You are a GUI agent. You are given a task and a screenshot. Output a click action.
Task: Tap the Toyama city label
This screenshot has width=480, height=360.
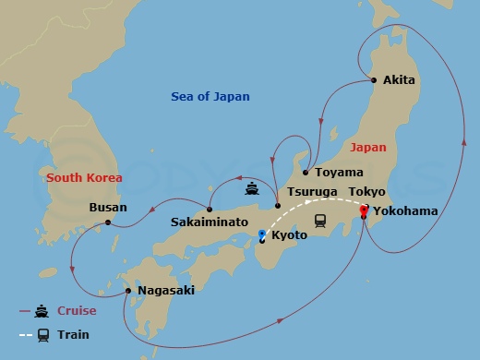[x=332, y=173]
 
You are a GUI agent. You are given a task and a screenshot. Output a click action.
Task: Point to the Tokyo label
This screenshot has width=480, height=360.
[x=366, y=192]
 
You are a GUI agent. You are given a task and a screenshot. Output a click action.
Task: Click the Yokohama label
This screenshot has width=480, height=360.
[x=406, y=210]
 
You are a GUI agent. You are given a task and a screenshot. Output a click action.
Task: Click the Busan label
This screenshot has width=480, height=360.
[x=108, y=208]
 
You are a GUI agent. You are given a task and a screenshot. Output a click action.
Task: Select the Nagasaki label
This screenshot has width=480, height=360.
[x=166, y=291]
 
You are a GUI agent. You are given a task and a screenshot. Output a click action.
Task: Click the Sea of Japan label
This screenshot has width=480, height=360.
[x=210, y=97]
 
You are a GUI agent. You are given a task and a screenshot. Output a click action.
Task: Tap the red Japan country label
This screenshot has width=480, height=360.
[x=368, y=147]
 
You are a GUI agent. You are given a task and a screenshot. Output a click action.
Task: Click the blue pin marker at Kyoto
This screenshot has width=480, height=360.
[x=262, y=234]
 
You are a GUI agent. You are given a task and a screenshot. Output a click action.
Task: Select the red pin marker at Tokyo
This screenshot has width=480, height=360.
[x=363, y=210]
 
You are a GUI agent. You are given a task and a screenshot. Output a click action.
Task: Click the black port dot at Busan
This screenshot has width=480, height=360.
[x=108, y=222]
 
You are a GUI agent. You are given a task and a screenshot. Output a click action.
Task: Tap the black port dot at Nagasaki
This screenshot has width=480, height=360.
[x=128, y=291]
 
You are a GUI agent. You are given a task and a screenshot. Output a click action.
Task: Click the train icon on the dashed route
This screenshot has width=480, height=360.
[x=321, y=220]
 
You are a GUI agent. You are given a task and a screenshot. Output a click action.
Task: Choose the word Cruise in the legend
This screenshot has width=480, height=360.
[x=78, y=311]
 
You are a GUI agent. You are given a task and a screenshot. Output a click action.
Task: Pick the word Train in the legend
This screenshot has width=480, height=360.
[x=75, y=335]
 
